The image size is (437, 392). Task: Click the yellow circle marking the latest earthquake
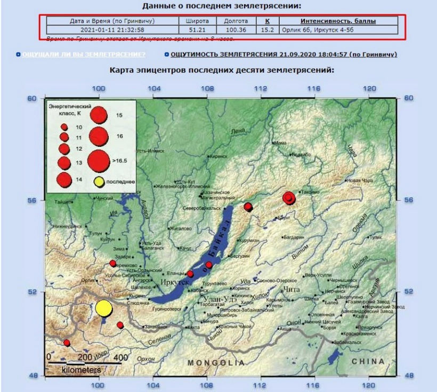coord(104,308)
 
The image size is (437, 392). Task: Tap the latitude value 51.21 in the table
coord(198,30)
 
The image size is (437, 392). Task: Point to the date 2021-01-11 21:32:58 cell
coord(112,30)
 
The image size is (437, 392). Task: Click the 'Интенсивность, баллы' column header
coord(338,21)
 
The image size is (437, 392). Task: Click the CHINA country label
coord(367,361)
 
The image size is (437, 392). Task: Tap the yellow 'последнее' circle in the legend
coord(98,182)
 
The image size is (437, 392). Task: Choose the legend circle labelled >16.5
coord(99,159)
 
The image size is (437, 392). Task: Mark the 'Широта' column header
coord(198,21)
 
